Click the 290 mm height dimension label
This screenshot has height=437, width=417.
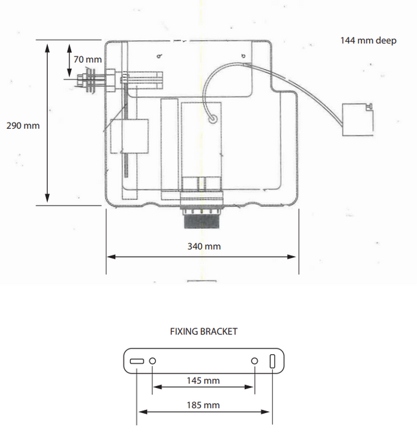click(23, 125)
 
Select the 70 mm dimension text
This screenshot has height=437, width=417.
click(87, 59)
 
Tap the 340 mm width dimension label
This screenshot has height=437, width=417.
click(204, 246)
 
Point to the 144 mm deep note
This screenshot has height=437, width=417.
click(369, 41)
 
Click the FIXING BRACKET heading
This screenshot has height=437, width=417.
click(204, 331)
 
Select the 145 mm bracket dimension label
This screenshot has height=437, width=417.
click(203, 381)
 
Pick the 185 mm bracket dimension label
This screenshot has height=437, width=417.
click(203, 405)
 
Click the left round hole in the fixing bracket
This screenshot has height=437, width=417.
click(153, 361)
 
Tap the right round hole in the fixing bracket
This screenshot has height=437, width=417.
click(255, 361)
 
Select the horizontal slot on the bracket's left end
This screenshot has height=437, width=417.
click(137, 361)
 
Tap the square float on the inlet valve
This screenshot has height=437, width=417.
click(129, 136)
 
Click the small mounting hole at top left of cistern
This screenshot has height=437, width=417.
click(158, 57)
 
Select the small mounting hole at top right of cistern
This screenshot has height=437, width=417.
click(243, 57)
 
